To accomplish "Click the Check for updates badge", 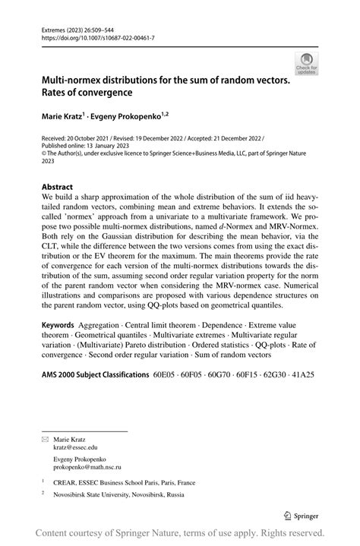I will pyautogui.click(x=307, y=63).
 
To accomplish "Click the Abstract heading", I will pyautogui.click(x=57, y=186).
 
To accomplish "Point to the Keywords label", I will pyautogui.click(x=58, y=346).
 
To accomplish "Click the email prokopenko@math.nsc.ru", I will pyautogui.click(x=87, y=467).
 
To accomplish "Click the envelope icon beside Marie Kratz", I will pyautogui.click(x=44, y=439).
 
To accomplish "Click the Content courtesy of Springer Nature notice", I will pyautogui.click(x=180, y=533).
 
